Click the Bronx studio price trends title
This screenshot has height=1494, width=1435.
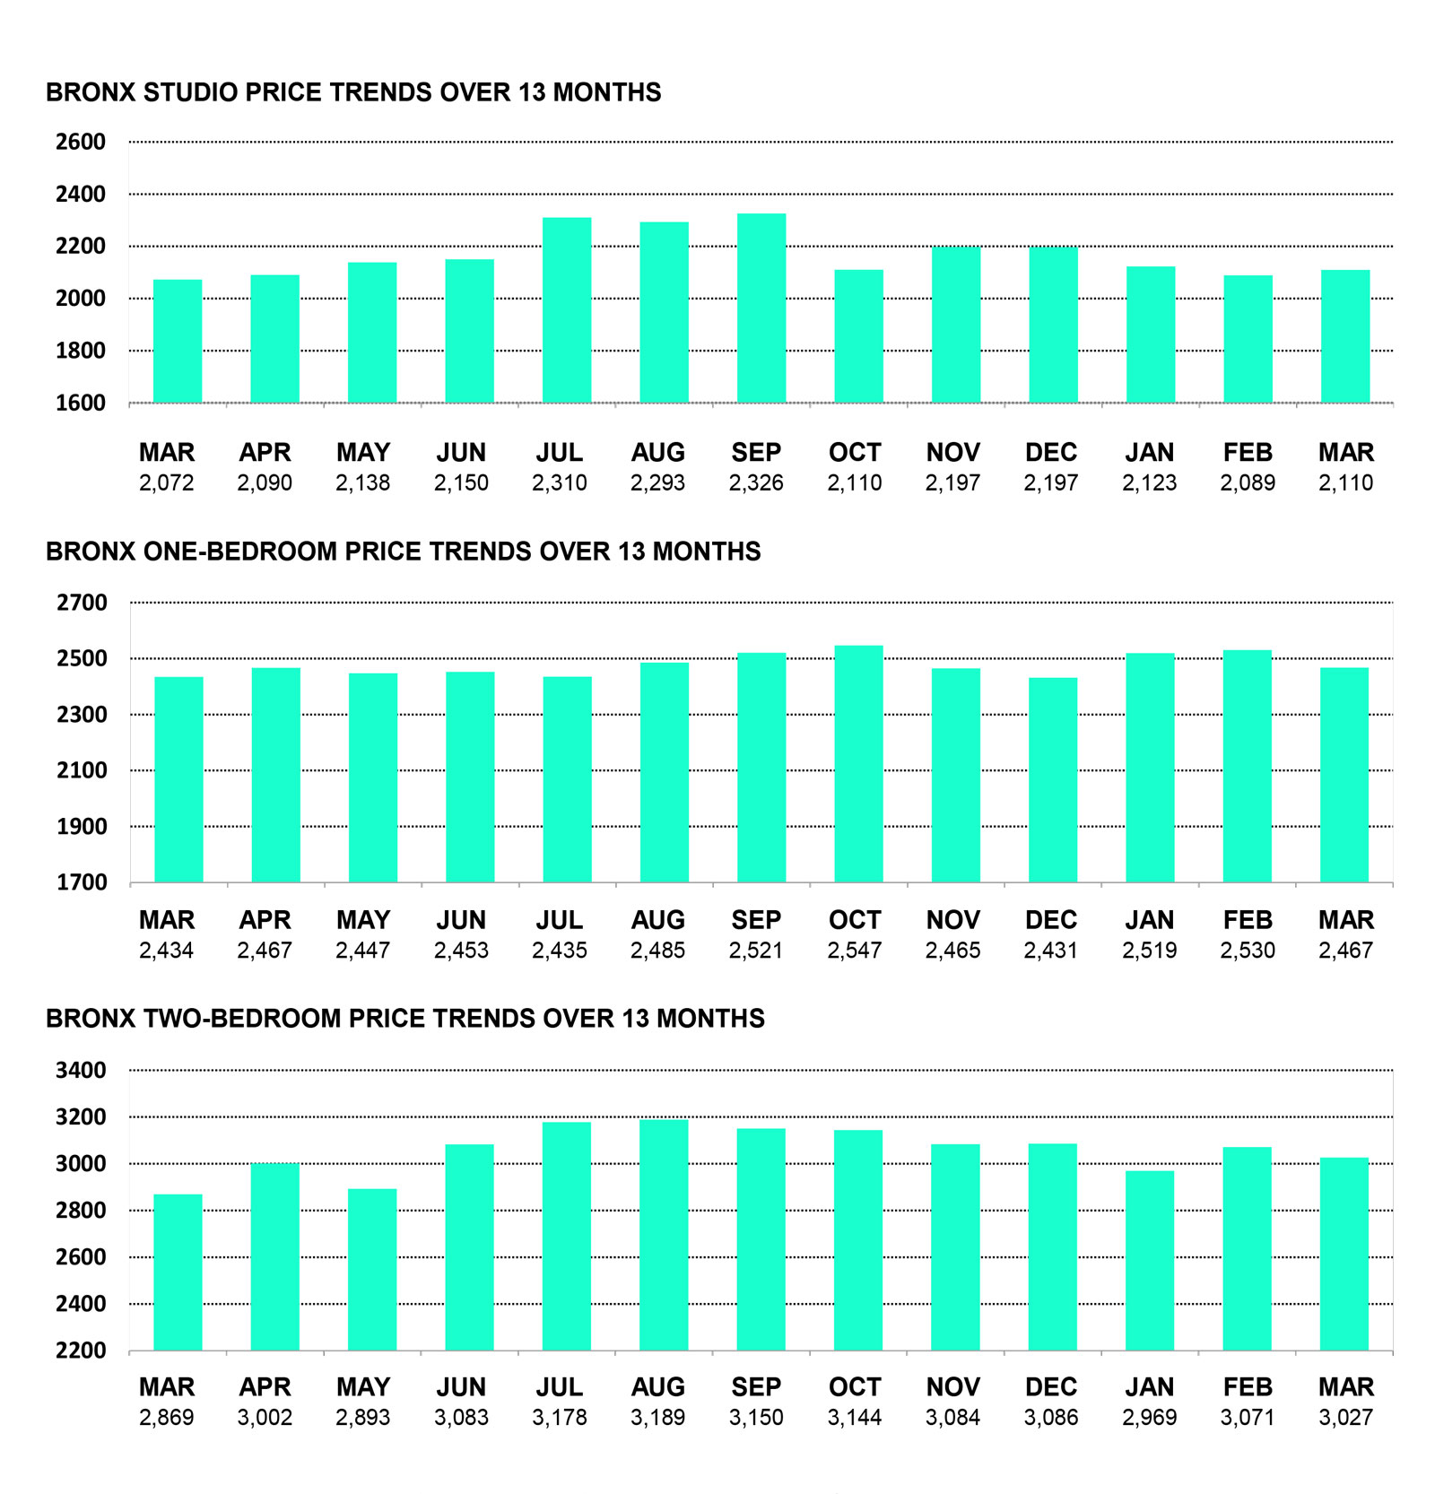(353, 92)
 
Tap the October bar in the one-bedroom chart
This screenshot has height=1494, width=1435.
(858, 763)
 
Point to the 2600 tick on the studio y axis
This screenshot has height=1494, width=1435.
(81, 142)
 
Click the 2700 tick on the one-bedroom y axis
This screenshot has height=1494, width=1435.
(82, 603)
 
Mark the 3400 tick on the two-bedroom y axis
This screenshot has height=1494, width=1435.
(81, 1070)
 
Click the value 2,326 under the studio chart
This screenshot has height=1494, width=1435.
(756, 483)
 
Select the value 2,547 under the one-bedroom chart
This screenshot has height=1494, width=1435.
(855, 951)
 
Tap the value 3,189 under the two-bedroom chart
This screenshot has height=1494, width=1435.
(657, 1418)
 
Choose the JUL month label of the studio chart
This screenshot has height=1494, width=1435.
(560, 453)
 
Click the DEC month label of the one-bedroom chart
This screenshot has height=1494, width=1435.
(1051, 920)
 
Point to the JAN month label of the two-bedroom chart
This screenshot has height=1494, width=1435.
(1150, 1387)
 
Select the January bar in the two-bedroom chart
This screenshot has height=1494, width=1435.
(1150, 1260)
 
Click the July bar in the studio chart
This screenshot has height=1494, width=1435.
(567, 309)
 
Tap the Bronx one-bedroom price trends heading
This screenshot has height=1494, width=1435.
(403, 552)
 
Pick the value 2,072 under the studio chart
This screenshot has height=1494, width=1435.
(167, 483)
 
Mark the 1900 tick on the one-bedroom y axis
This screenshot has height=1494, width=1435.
(82, 827)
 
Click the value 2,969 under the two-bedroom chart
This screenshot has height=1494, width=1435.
(1150, 1418)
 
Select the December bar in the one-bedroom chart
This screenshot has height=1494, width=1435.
(1053, 779)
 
